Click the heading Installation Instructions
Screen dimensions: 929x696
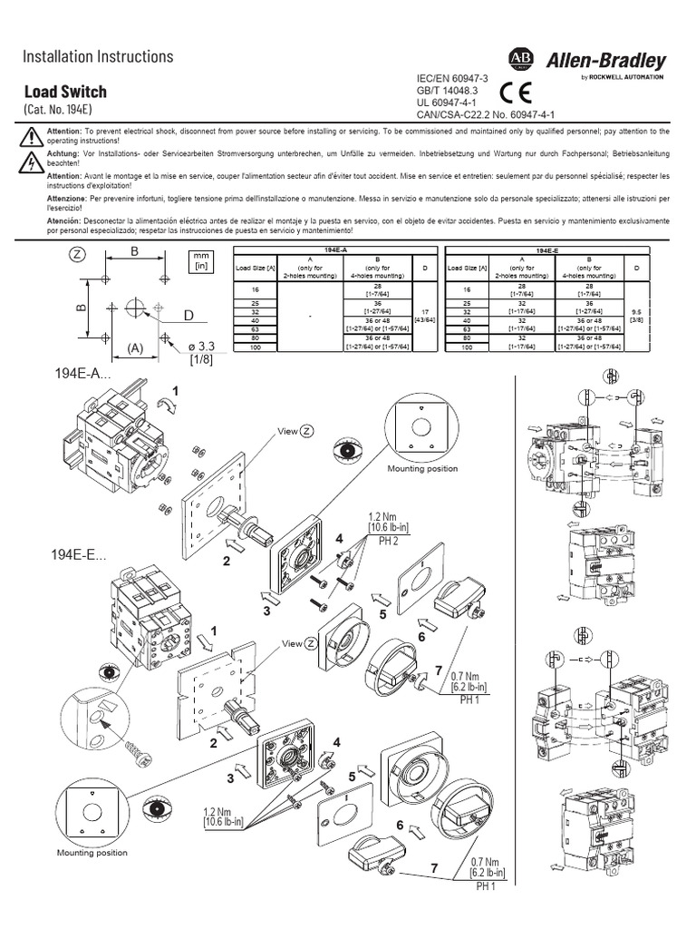(97, 56)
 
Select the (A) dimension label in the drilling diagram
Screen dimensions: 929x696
(136, 347)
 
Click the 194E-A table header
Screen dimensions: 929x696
(330, 249)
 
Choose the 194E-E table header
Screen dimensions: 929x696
(546, 249)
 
